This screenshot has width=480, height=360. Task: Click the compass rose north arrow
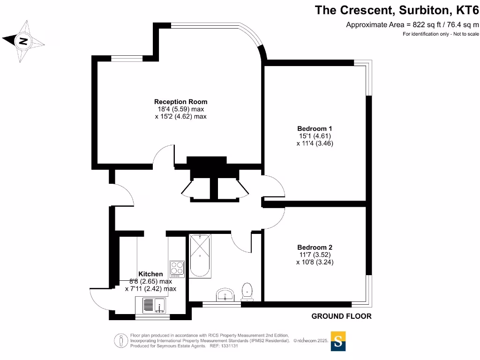(23, 42)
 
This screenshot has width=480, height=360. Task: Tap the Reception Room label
(180, 102)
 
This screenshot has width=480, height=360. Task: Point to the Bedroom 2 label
(315, 247)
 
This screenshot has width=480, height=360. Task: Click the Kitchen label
(150, 274)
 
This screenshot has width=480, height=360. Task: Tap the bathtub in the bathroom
(200, 256)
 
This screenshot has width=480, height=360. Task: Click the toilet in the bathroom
(247, 291)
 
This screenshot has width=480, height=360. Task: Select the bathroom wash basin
(225, 295)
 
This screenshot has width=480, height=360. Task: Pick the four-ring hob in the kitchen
(177, 268)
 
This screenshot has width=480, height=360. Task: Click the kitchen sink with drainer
(153, 305)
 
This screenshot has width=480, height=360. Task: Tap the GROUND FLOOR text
(341, 316)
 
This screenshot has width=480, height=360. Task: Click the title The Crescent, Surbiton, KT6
(397, 10)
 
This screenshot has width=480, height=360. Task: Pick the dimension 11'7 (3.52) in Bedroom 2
(315, 255)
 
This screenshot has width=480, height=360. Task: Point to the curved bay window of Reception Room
(251, 35)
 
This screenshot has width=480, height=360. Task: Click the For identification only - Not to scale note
(441, 34)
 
